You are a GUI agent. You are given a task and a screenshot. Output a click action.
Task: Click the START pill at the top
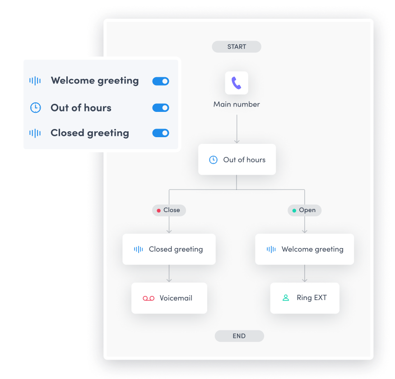[236, 46]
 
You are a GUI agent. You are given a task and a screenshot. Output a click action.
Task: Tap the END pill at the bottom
[239, 336]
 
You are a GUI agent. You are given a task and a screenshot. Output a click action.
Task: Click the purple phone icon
[236, 83]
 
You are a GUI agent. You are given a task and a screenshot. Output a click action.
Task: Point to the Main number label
[237, 104]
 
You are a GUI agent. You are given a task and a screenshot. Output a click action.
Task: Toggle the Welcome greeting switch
[161, 81]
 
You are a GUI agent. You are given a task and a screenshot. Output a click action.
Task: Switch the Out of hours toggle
[161, 108]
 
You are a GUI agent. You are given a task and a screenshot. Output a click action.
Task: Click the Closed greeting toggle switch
[161, 133]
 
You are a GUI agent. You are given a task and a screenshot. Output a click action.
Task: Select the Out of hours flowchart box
[237, 159]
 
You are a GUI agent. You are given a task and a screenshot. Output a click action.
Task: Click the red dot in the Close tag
[159, 211]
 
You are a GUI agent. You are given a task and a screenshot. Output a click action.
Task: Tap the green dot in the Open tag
[294, 211]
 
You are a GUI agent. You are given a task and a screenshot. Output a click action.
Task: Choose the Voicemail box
[169, 298]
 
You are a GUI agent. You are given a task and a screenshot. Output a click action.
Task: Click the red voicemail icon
[149, 298]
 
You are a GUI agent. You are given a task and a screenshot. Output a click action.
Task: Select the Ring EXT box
[305, 298]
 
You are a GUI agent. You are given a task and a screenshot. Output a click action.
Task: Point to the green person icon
[286, 298]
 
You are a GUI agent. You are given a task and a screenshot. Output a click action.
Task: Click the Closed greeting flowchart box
[169, 249]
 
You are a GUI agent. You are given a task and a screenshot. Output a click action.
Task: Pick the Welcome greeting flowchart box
[305, 249]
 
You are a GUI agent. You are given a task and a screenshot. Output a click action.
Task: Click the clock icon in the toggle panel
[36, 107]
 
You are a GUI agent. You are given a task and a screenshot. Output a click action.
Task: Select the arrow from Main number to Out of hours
[237, 129]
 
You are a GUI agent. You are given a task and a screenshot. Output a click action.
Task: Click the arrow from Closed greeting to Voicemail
[169, 273]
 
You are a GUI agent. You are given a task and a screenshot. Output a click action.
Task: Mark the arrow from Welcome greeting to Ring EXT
[305, 273]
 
